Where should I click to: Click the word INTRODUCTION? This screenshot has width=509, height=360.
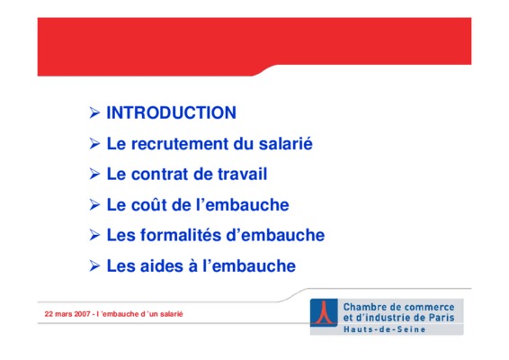172,112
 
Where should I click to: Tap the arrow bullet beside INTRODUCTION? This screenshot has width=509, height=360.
94,112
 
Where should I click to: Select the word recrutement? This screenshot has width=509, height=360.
180,144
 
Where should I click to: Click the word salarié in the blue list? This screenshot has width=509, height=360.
286,143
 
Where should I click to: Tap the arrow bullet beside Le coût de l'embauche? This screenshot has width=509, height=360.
94,204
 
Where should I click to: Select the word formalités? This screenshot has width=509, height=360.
181,235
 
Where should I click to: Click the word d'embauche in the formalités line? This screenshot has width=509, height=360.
275,235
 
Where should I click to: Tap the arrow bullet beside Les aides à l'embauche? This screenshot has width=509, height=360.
94,266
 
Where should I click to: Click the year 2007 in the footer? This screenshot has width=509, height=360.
82,314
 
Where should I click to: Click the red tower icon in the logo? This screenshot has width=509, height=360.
324,312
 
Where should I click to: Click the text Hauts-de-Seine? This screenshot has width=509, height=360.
384,329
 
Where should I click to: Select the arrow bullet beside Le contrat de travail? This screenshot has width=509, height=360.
94,175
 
